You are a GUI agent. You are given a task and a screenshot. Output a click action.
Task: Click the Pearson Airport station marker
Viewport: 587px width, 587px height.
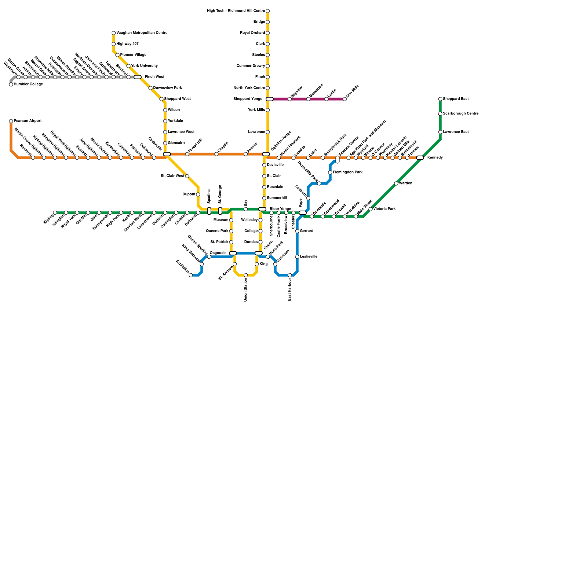(x=11, y=121)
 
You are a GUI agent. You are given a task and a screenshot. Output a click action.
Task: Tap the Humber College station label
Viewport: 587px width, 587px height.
(x=28, y=84)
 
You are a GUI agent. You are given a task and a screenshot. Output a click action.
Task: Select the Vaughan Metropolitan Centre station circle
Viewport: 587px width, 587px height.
(x=114, y=33)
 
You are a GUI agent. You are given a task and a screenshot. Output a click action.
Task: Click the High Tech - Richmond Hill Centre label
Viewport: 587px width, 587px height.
(x=236, y=11)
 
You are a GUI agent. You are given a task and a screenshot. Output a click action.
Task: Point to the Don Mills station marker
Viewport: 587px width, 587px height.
(x=345, y=99)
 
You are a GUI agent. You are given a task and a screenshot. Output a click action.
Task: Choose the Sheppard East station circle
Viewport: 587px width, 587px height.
(x=440, y=99)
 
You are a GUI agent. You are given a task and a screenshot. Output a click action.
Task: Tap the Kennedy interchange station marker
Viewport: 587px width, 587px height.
(x=420, y=158)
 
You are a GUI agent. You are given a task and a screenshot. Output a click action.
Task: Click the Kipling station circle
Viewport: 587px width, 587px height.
(x=55, y=213)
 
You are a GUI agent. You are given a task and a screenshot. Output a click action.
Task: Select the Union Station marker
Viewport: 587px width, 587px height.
(x=246, y=275)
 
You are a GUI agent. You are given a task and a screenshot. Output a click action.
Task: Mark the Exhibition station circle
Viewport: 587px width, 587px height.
(x=191, y=275)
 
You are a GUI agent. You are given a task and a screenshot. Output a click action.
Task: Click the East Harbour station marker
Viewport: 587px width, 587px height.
(x=290, y=275)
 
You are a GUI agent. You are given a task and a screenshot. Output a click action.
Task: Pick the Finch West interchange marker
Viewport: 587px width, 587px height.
(x=138, y=77)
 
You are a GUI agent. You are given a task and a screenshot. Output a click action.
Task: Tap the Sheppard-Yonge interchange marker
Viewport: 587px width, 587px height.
(x=270, y=99)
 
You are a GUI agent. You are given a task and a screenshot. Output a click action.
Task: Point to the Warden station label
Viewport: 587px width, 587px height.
(x=406, y=183)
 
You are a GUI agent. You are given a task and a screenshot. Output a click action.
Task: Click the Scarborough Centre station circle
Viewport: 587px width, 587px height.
(x=440, y=114)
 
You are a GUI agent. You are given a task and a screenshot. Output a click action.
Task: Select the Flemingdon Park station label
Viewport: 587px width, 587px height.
(x=348, y=172)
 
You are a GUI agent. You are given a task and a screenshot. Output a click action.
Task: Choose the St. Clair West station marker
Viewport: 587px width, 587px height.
(x=187, y=176)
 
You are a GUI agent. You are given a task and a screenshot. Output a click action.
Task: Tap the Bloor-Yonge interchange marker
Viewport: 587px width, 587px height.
(x=262, y=209)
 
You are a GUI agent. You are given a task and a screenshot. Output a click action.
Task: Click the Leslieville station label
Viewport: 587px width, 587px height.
(x=309, y=257)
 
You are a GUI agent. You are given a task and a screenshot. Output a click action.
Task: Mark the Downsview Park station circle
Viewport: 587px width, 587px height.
(x=150, y=88)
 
